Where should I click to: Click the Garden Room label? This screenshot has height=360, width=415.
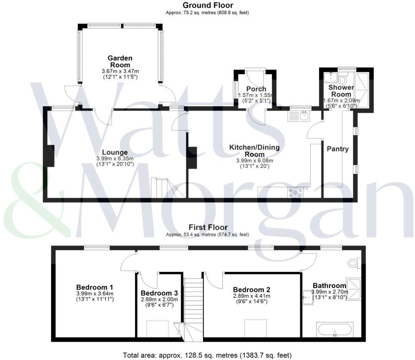(x=120, y=61)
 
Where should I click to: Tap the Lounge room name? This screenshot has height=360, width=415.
(x=115, y=152)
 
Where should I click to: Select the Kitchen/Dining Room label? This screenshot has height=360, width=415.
(x=254, y=151)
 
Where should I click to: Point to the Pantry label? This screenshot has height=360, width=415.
(x=337, y=149)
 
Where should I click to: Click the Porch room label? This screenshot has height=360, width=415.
(x=256, y=89)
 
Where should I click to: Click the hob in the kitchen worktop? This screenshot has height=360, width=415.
(x=295, y=192)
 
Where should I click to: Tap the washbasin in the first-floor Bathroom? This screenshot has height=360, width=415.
(x=308, y=297)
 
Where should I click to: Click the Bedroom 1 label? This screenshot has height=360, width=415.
(x=95, y=287)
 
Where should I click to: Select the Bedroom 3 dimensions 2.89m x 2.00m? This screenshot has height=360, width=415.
(x=159, y=299)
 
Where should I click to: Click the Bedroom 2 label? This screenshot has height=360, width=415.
(x=252, y=290)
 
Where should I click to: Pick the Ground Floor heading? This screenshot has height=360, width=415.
(x=208, y=5)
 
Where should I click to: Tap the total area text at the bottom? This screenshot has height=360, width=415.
(x=207, y=355)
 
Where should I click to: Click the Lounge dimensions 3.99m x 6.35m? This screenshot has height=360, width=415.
(x=115, y=159)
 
